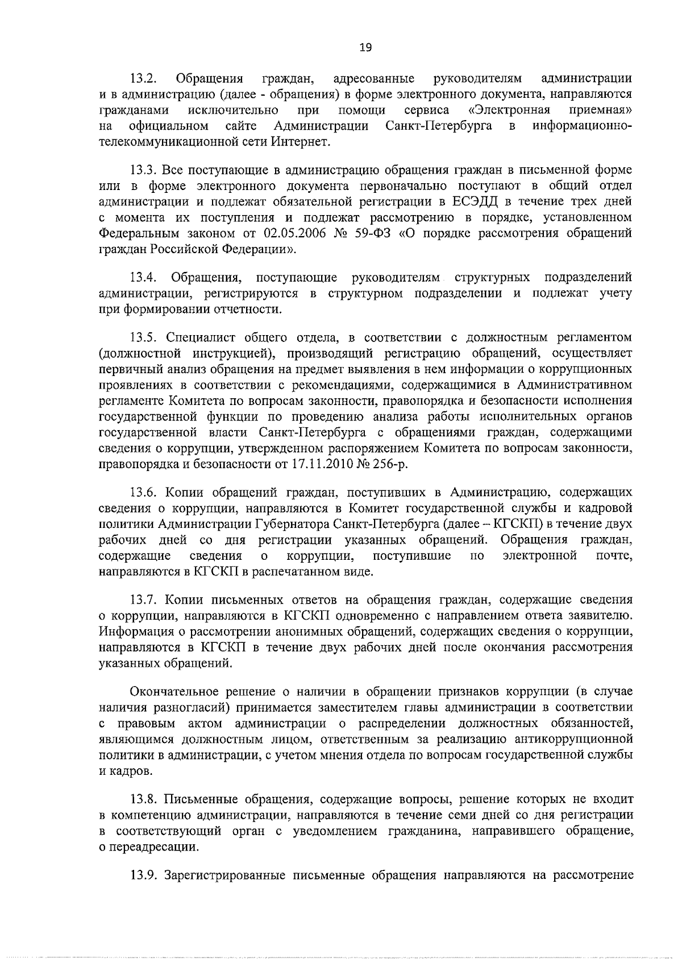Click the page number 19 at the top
pyautogui.click(x=366, y=48)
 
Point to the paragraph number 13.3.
pyautogui.click(x=144, y=170)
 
